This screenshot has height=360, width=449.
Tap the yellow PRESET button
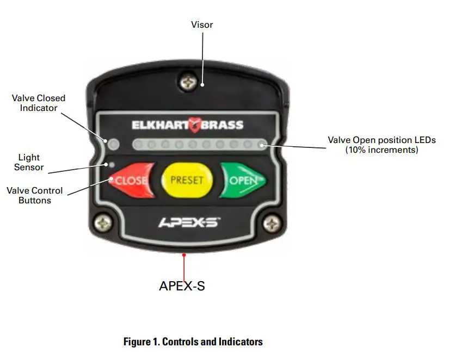(x=188, y=179)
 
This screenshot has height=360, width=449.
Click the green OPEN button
(x=243, y=179)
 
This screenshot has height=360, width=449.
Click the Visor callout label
(x=202, y=24)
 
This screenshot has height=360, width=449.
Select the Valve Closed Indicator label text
(x=38, y=103)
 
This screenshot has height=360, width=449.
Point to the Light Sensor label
(x=29, y=162)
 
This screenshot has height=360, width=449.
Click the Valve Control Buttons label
(x=34, y=196)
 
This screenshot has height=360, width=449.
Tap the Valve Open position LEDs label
(x=382, y=145)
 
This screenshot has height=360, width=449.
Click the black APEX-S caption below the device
(x=182, y=285)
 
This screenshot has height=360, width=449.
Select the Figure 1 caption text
(x=193, y=342)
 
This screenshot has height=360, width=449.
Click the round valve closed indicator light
(x=113, y=145)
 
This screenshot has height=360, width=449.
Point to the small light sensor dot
(x=112, y=164)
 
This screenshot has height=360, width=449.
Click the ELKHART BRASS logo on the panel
(x=187, y=125)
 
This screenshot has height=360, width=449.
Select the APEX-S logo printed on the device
(x=188, y=222)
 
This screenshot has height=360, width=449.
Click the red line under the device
(x=184, y=266)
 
